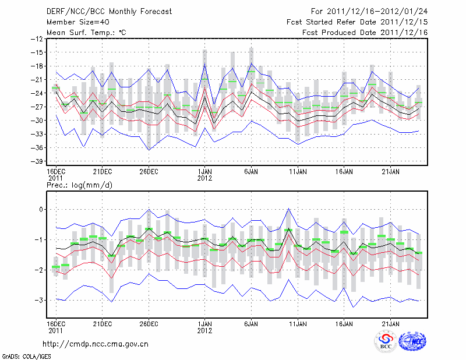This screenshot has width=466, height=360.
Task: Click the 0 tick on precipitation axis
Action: click(x=40, y=209)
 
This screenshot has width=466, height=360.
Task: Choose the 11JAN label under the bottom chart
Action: click(x=298, y=323)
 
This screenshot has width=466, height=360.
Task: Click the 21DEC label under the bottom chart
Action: click(x=102, y=323)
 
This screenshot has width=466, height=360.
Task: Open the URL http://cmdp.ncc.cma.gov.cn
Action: click(x=96, y=344)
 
